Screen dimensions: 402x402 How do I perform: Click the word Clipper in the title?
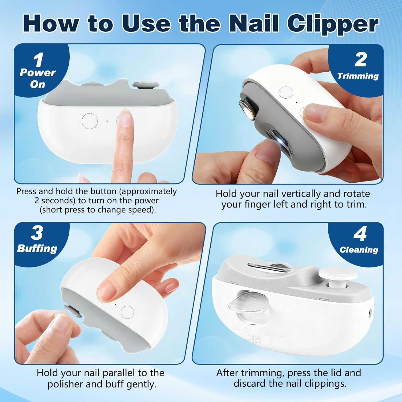pos(333,24)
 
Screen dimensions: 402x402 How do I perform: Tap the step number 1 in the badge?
pos(39,60)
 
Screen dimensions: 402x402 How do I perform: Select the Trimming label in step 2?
pos(358,76)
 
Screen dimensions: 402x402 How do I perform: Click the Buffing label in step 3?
pos(37,249)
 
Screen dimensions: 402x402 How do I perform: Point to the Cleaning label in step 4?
pos(359,250)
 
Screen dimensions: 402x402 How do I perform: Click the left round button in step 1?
pos(90,121)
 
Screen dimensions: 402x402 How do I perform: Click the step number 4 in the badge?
pos(360,234)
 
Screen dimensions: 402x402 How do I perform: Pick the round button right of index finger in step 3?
pos(127,312)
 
